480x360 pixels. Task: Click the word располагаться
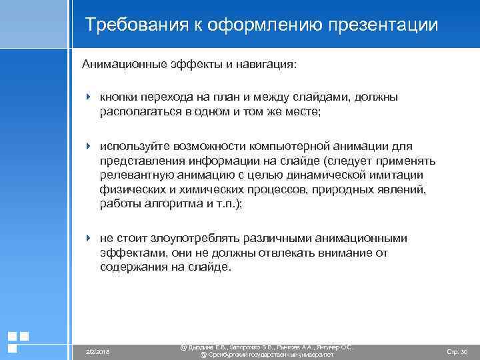pos(137,113)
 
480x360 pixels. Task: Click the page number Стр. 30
pos(456,351)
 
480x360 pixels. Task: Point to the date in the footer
pos(98,351)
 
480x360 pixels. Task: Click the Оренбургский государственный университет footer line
pos(267,355)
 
